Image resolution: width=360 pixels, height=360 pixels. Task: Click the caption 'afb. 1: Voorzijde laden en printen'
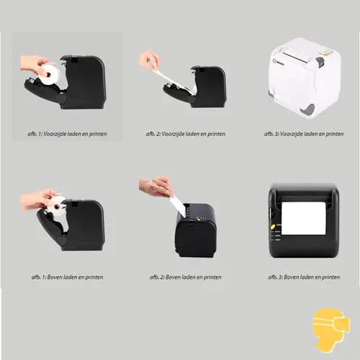[67, 134]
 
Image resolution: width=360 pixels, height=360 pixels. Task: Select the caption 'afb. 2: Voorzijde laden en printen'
[186, 134]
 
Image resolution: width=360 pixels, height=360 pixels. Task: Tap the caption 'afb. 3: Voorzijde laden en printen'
[304, 134]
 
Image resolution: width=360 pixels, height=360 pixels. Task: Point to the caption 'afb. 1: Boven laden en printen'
[67, 277]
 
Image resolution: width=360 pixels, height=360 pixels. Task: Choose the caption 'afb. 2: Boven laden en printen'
[186, 277]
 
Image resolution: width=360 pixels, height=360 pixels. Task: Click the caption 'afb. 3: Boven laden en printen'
[304, 277]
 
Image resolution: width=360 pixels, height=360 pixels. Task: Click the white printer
[305, 77]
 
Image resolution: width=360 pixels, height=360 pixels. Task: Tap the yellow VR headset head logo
[331, 330]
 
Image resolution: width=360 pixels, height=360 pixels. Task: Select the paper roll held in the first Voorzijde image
[50, 74]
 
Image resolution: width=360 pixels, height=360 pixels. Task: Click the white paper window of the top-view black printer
[304, 218]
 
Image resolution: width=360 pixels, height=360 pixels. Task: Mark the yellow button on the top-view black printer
[273, 227]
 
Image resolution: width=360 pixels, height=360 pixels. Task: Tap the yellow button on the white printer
[325, 55]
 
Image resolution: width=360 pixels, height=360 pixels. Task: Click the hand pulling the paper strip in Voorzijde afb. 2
[149, 60]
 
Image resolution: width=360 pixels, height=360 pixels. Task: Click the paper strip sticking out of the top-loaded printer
[178, 206]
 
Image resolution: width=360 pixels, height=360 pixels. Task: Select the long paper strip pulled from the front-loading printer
[171, 80]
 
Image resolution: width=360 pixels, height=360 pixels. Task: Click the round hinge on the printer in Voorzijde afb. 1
[61, 98]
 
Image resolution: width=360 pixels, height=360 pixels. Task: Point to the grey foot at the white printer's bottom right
[310, 109]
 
